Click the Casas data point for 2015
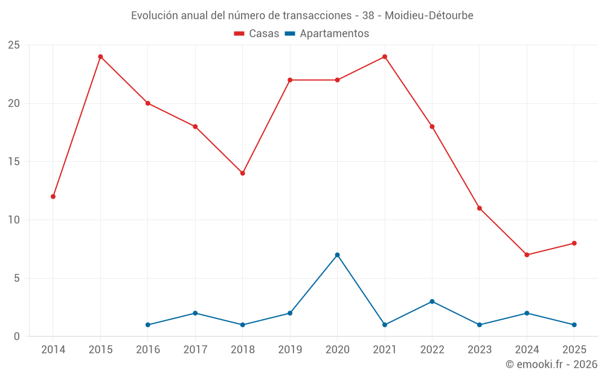[x=100, y=57]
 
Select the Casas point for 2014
[x=53, y=197]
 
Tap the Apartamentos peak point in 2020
[x=337, y=255]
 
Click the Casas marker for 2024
[x=527, y=255]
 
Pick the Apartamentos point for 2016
[x=148, y=325]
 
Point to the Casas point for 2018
[x=242, y=173]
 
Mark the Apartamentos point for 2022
[x=432, y=302]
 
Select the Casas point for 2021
[x=385, y=57]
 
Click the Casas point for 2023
[x=480, y=208]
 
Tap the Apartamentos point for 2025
[x=574, y=325]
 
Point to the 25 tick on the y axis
[x=14, y=45]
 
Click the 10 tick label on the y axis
[x=14, y=220]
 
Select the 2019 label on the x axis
[x=290, y=349]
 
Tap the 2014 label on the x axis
[x=53, y=349]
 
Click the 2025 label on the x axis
[x=574, y=349]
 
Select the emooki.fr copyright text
[x=551, y=364]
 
